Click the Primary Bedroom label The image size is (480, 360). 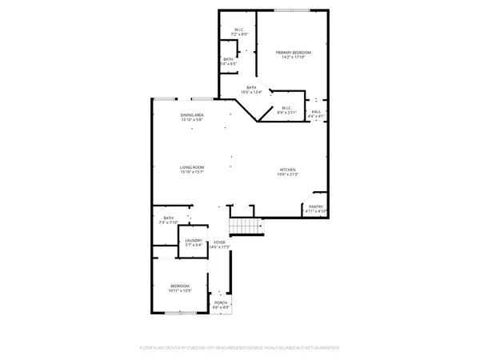point(293,53)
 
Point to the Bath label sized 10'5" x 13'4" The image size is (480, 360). point(251,88)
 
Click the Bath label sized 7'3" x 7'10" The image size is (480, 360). point(168,218)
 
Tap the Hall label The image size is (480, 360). point(316,111)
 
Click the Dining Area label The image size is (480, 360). point(192,115)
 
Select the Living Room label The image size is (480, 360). point(192,167)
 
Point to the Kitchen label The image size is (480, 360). point(288,170)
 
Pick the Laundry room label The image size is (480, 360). point(193,240)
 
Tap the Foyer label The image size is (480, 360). point(218,242)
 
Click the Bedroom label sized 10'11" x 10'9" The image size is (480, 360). point(179,286)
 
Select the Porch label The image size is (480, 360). point(220,302)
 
